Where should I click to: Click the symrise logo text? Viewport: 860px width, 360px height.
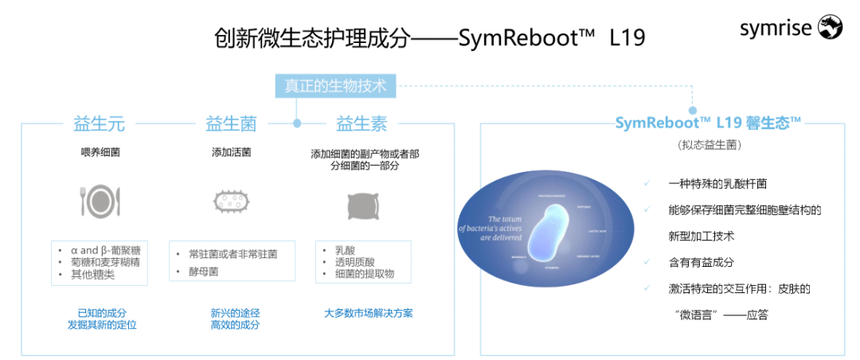(x=776, y=29)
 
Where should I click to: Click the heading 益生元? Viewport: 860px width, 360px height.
(x=99, y=123)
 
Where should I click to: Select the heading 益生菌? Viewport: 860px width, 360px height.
(x=231, y=123)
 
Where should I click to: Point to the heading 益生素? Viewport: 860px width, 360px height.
(x=362, y=123)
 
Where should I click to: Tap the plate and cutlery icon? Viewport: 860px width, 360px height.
(x=100, y=202)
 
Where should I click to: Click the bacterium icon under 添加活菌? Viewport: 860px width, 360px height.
(x=232, y=202)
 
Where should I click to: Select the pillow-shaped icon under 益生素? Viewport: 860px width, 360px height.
(x=363, y=205)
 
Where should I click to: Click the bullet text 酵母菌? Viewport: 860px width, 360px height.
(x=202, y=271)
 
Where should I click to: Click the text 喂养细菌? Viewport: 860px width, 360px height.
(x=100, y=152)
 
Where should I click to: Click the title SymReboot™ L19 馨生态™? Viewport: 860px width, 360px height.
(x=708, y=123)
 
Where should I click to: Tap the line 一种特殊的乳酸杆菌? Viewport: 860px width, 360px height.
(x=717, y=183)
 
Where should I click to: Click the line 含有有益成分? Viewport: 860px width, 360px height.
(x=701, y=262)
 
